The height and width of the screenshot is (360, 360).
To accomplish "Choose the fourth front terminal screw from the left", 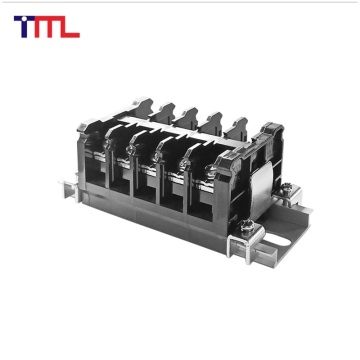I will (187, 172).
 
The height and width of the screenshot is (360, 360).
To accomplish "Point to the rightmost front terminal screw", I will (215, 181).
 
